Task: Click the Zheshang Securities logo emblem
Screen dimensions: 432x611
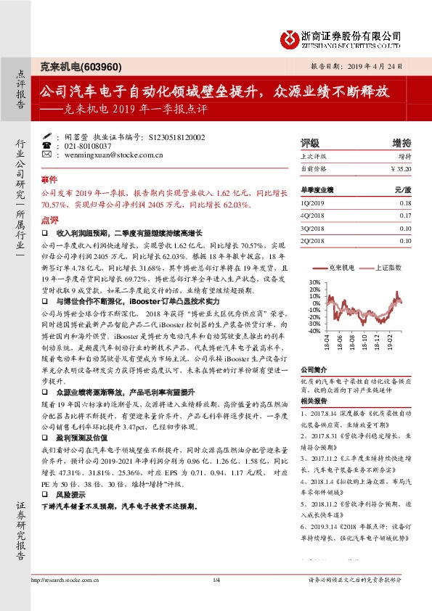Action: tap(290, 37)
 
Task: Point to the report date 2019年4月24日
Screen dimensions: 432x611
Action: tap(385, 65)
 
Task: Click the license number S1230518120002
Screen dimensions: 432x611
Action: tap(176, 136)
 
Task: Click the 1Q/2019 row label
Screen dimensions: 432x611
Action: tap(310, 204)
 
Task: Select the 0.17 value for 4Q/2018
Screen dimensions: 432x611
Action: tap(405, 216)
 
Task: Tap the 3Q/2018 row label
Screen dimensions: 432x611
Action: tap(311, 228)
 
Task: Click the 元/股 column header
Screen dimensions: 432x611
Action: tap(402, 189)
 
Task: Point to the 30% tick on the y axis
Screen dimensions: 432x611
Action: tap(314, 282)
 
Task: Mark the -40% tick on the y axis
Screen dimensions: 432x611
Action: tap(313, 331)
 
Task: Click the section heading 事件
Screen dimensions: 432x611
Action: tap(49, 179)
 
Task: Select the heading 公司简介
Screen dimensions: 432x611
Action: tap(313, 368)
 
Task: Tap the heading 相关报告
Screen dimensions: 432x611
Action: tap(313, 400)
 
